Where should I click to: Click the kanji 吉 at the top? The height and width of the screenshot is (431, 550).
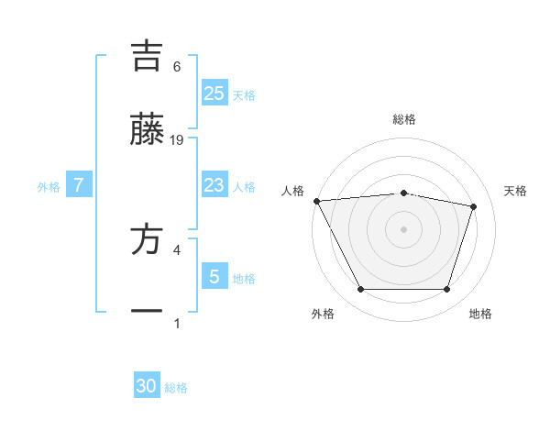click(x=147, y=56)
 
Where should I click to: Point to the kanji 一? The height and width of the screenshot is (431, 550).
click(x=147, y=312)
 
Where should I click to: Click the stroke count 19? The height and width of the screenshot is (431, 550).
click(x=177, y=140)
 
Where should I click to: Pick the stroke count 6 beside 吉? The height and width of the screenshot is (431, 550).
click(x=177, y=67)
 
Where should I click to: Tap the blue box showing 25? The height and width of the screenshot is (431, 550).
click(x=214, y=93)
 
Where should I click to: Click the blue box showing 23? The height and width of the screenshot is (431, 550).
click(x=214, y=185)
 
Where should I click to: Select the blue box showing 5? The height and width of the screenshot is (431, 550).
click(x=214, y=277)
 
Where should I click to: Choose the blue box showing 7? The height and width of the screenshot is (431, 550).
click(x=79, y=185)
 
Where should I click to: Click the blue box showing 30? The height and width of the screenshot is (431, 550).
click(x=147, y=386)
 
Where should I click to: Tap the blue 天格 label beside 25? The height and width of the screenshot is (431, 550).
click(x=244, y=95)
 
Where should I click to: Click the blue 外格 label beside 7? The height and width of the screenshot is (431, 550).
click(x=49, y=187)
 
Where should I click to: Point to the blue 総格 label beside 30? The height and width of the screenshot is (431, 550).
click(x=176, y=389)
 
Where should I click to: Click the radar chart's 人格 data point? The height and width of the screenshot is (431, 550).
click(x=316, y=201)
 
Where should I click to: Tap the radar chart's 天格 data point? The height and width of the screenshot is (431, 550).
click(x=473, y=206)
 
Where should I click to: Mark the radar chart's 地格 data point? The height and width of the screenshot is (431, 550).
click(x=446, y=290)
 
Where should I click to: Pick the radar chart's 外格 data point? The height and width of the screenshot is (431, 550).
click(x=360, y=290)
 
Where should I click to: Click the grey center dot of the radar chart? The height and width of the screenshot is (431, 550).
click(x=403, y=229)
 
